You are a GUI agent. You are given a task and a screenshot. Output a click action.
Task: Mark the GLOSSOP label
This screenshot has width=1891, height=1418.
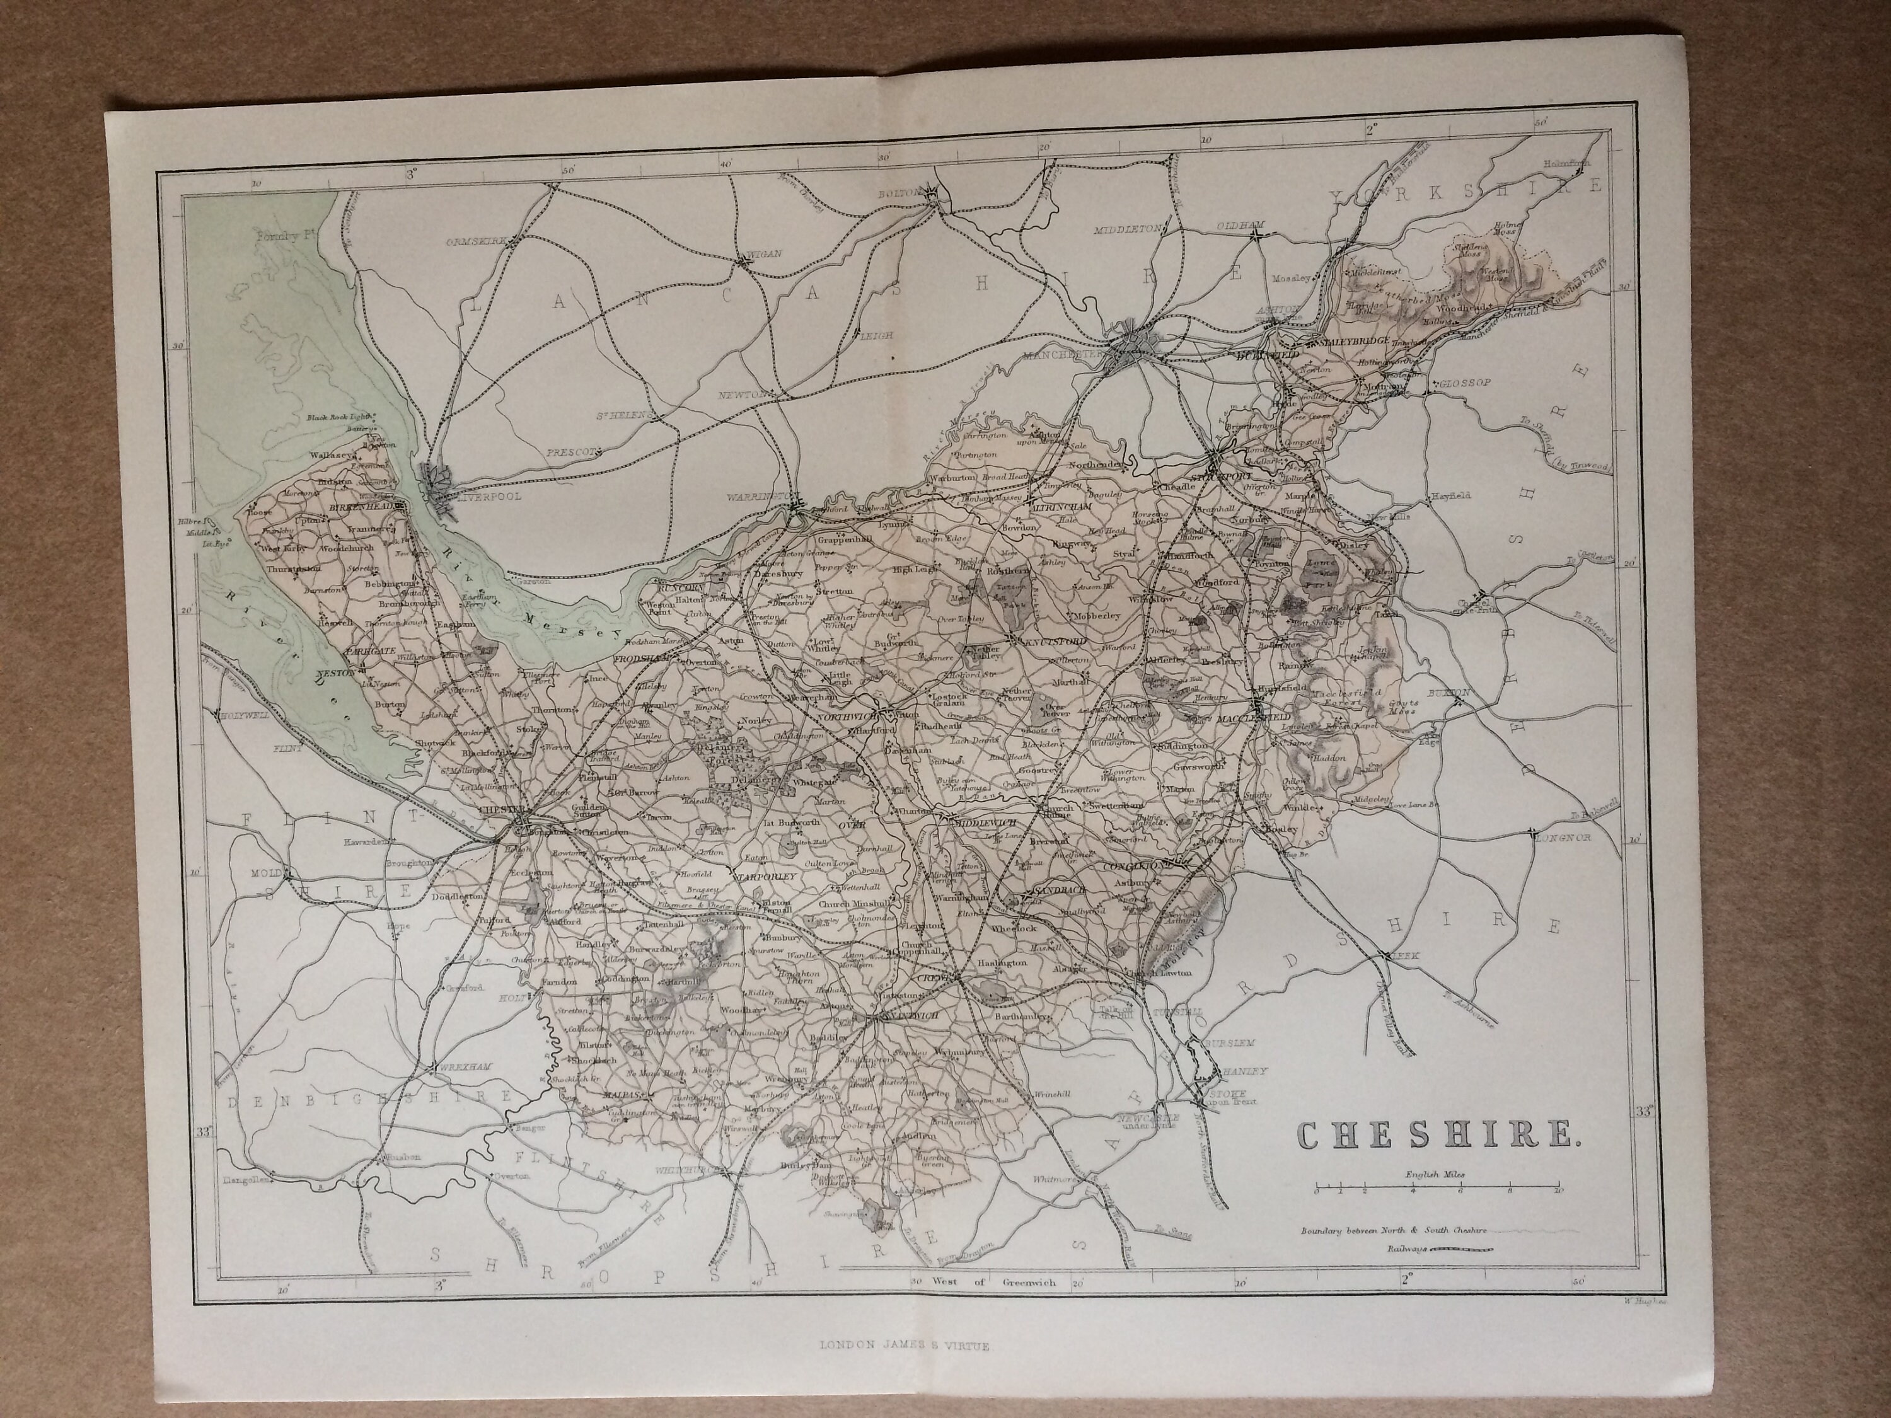(1464, 383)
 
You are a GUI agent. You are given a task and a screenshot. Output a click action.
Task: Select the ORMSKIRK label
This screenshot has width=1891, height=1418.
(475, 243)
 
